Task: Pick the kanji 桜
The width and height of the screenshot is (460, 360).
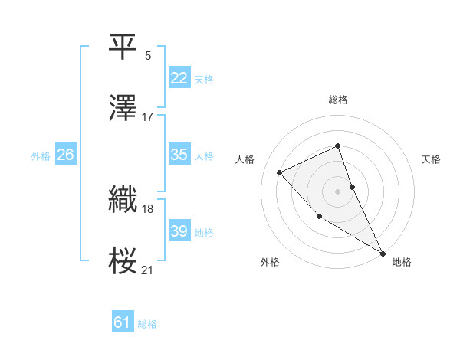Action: [123, 260]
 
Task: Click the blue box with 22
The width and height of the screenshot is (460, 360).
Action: [179, 78]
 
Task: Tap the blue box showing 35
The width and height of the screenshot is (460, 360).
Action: [179, 155]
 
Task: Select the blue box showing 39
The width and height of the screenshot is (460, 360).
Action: [179, 231]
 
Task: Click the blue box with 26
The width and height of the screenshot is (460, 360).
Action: [65, 155]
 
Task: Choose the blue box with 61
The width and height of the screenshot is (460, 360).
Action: [122, 323]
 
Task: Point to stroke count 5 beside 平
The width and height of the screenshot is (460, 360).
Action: [148, 55]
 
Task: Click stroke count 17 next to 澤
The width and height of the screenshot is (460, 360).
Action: [148, 116]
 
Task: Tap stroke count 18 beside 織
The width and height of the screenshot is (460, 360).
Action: [148, 208]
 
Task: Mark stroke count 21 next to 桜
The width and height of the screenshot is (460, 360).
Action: [148, 270]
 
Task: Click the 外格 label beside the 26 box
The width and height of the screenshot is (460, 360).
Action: [41, 156]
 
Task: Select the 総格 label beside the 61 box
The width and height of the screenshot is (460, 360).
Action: [147, 325]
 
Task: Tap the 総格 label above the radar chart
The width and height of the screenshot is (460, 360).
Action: [337, 100]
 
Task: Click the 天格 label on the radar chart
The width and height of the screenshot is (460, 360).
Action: [431, 159]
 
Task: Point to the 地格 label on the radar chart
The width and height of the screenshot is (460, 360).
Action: [402, 262]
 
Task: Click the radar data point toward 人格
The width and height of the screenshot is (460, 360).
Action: [280, 172]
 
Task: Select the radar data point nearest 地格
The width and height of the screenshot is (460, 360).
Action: [383, 254]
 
